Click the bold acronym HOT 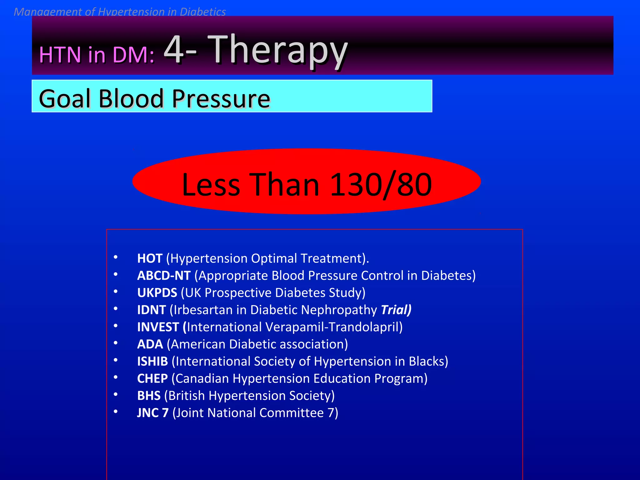click(150, 258)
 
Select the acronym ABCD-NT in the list click(164, 276)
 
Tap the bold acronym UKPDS click(157, 293)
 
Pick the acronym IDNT click(151, 310)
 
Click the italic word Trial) click(396, 310)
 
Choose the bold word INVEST click(158, 327)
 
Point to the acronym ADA click(150, 344)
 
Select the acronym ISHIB click(152, 362)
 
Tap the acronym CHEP click(152, 379)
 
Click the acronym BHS click(149, 396)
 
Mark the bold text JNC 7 click(153, 413)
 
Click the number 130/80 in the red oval click(381, 185)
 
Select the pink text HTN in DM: click(97, 55)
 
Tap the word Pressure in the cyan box click(221, 99)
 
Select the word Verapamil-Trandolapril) click(334, 327)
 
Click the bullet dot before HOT click(116, 257)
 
